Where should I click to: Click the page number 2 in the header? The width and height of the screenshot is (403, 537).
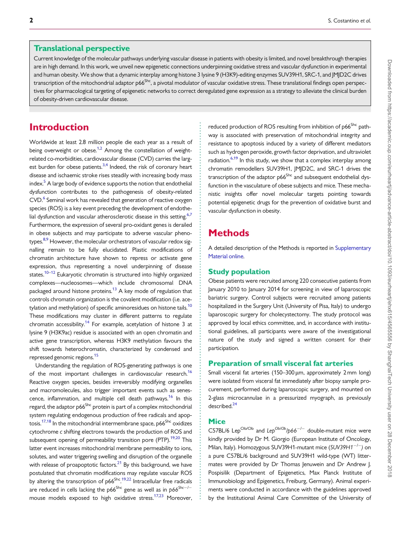tap(31, 20)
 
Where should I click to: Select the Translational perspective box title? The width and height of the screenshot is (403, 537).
tap(81, 48)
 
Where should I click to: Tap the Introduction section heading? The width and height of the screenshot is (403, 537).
tap(59, 127)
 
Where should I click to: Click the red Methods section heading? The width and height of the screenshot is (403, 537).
tap(229, 233)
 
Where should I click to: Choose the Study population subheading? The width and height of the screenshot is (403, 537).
tap(239, 272)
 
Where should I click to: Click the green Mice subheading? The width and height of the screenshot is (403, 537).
tap(217, 421)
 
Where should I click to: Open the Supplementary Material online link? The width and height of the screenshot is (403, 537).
tap(290, 252)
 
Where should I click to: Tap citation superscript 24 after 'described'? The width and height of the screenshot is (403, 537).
tap(235, 404)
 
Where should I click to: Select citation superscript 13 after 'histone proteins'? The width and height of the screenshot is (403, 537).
tap(115, 289)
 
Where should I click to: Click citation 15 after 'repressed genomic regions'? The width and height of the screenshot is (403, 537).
tap(96, 356)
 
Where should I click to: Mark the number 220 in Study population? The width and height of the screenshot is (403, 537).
tap(309, 281)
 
